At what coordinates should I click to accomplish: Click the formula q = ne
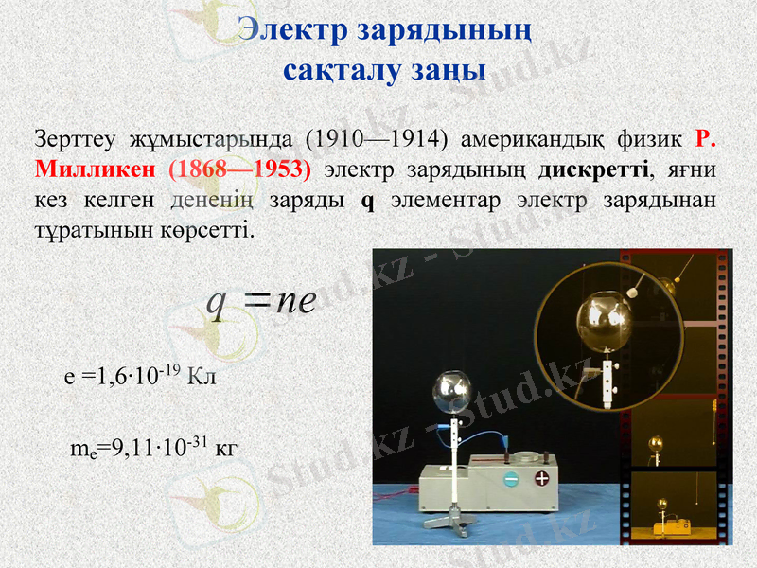[261, 302]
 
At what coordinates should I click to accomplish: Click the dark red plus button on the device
[542, 478]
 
